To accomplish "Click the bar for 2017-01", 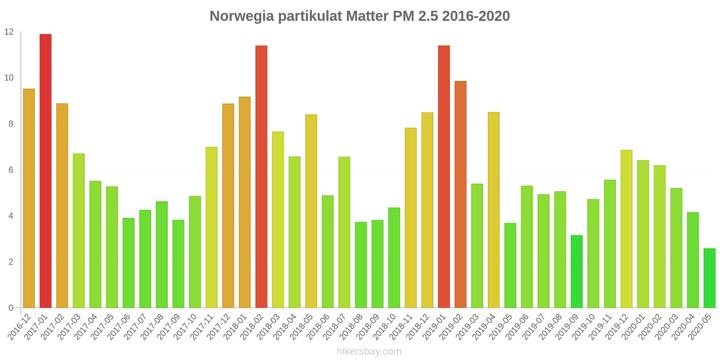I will tap(45, 171).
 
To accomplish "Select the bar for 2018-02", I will tap(261, 177).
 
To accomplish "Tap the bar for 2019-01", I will tap(444, 177).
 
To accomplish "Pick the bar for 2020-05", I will tap(709, 278).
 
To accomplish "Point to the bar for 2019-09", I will tap(576, 271).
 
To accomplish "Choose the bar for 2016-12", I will tap(29, 198).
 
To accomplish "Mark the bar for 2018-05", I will tap(311, 211).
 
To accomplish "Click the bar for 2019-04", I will tap(494, 210).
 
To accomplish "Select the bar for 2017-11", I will tap(211, 227).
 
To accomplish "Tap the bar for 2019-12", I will tap(626, 229).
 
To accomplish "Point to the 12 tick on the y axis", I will tap(9, 32).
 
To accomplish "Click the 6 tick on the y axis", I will tap(11, 170).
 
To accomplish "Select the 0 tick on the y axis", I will tap(11, 308).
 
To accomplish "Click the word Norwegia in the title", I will tap(242, 16).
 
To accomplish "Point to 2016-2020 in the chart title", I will tap(476, 16).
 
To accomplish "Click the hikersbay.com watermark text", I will tap(369, 351).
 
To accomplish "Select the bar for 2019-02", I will tap(460, 194).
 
